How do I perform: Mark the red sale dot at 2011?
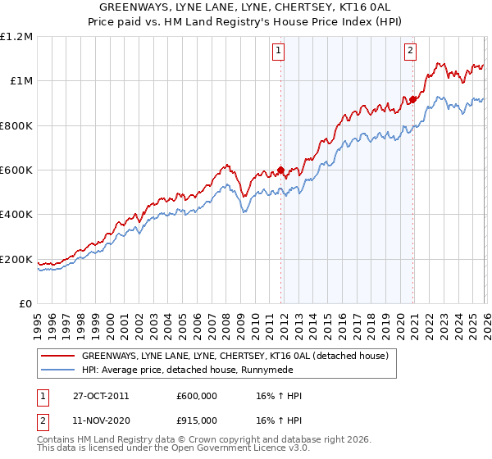[280, 170]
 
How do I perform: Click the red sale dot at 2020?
[412, 100]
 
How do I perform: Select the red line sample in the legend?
[58, 356]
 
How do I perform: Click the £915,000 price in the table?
[195, 422]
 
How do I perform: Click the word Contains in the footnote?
[57, 441]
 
